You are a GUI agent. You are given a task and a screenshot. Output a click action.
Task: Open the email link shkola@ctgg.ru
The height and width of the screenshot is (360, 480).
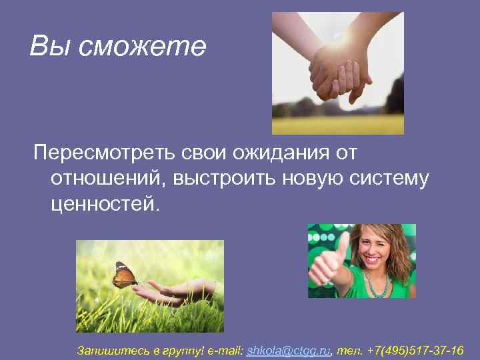pyautogui.click(x=289, y=350)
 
